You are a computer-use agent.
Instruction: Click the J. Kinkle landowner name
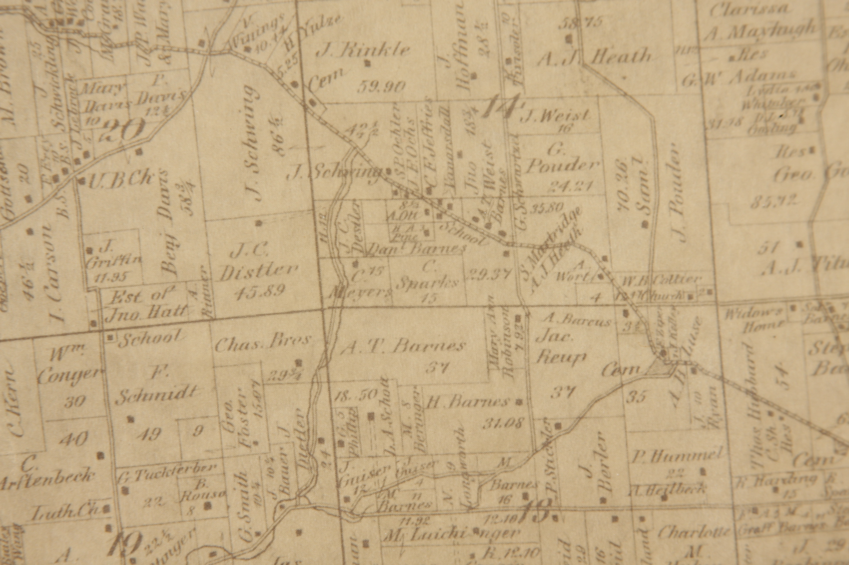coord(363,50)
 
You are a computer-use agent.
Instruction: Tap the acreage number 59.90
coord(381,86)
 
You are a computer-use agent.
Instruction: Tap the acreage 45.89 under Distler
coord(260,290)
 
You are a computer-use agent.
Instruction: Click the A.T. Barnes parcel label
coord(403,347)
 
